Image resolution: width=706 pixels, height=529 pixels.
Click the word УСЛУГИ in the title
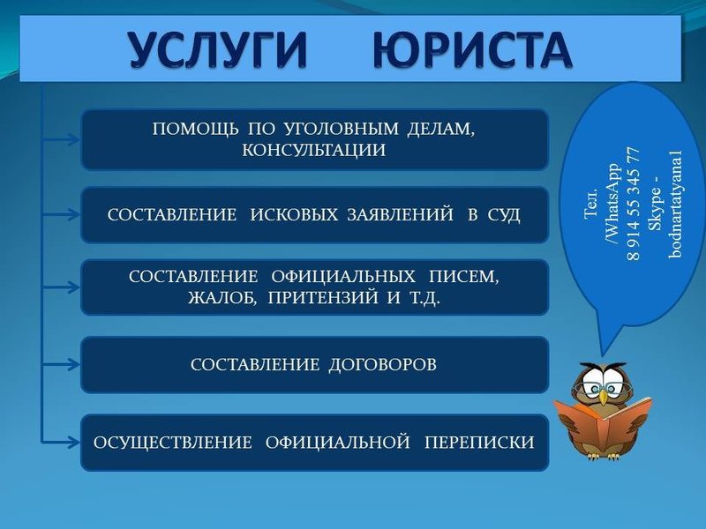coord(218,49)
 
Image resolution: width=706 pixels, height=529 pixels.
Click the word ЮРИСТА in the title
coord(472,49)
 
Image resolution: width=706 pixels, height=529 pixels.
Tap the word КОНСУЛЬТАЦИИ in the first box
coord(314,150)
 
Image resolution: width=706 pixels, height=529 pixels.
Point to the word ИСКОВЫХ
coord(294,214)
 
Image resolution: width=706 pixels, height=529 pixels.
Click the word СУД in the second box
coord(504,215)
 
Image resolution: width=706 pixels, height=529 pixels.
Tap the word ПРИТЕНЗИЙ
coord(323,297)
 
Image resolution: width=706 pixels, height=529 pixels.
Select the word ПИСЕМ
coord(464,277)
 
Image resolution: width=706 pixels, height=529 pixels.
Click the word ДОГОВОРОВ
coord(382,365)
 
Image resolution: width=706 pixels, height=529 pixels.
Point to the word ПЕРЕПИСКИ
coord(479,443)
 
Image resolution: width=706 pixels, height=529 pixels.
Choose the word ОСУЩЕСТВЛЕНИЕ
coord(173,443)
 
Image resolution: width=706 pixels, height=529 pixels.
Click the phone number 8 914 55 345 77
coord(633,204)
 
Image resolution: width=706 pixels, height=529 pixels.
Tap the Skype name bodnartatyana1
coord(675,204)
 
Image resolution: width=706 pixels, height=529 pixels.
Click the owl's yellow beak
coord(603,397)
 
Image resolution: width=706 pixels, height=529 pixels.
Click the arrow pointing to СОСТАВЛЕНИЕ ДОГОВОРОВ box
coord(61,364)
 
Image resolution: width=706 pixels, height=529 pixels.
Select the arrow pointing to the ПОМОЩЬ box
coord(61,139)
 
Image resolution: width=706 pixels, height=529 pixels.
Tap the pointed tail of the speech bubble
coord(603,354)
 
